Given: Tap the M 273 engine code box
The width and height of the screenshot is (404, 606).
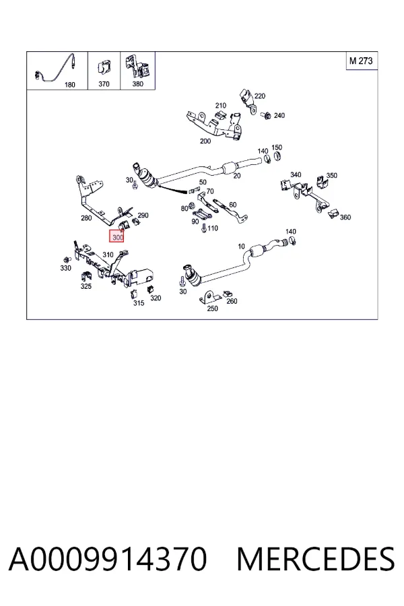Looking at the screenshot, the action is [x=361, y=61].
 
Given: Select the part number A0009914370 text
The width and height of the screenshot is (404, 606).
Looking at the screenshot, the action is [x=108, y=560].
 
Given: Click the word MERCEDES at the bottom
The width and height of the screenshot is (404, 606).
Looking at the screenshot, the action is [x=316, y=560].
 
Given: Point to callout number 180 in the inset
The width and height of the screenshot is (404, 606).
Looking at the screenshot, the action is [x=69, y=85].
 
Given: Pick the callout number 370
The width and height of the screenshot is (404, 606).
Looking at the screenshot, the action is [x=104, y=84].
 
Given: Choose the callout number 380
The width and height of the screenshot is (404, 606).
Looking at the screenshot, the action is [x=137, y=84].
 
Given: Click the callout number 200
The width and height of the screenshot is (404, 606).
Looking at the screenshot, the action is [x=205, y=141].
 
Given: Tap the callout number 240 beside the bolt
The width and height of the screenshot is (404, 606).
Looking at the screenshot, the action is [x=279, y=115].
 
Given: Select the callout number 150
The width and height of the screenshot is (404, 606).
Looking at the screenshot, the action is [x=277, y=147].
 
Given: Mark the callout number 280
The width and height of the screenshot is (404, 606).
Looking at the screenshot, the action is [x=86, y=218].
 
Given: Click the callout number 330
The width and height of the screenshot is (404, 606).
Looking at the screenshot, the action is [x=66, y=268].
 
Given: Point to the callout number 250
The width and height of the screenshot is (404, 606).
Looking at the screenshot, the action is [x=212, y=308].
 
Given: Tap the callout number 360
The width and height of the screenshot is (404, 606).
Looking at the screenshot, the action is [x=345, y=217].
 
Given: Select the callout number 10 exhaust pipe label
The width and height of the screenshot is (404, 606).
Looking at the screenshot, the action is [x=241, y=246].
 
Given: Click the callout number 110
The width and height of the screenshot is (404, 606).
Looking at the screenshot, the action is [x=213, y=228].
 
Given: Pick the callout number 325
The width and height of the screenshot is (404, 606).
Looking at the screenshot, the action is [x=86, y=286].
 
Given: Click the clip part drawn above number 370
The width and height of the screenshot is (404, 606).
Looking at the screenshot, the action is [x=103, y=69].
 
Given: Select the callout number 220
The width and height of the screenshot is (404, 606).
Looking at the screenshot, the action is [x=260, y=96].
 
